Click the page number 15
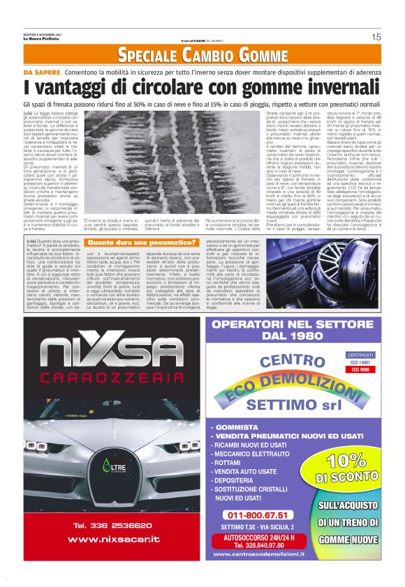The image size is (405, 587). (376, 37)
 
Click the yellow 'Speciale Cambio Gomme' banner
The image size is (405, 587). (202, 56)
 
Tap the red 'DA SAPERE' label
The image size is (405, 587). (43, 72)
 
